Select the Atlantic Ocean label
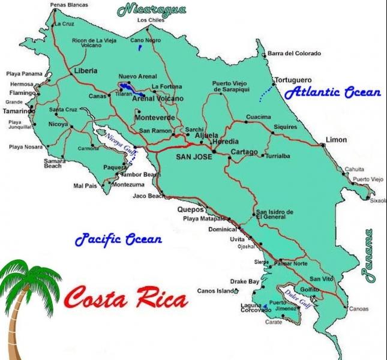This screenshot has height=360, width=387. click(332, 92)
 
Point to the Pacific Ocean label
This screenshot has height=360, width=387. click(118, 239)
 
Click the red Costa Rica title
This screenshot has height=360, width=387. click(125, 296)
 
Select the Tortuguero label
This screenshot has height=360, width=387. click(292, 80)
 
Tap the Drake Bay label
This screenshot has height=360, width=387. click(245, 281)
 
